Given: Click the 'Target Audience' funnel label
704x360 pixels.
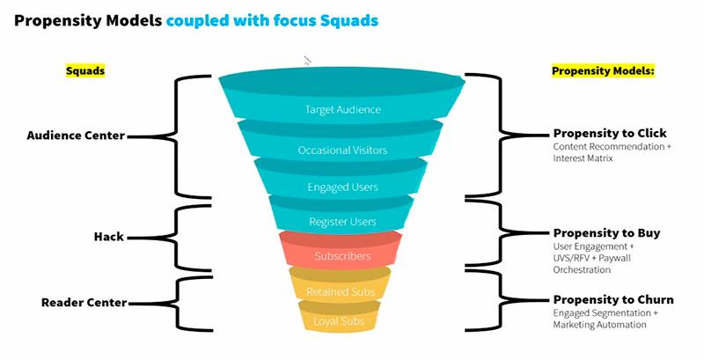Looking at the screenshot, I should coord(342,110).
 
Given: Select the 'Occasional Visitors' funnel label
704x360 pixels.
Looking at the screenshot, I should coord(341,150).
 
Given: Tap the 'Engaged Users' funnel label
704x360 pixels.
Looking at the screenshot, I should coord(341,187).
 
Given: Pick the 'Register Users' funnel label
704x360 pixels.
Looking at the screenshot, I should coord(341,221).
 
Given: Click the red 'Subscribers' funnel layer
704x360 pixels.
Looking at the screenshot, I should coord(341,256).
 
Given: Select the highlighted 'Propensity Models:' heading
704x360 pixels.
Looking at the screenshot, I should coord(603,70).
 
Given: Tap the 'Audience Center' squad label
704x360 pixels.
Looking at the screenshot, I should coord(76,136).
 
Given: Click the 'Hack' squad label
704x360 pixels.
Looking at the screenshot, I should coord(107,237).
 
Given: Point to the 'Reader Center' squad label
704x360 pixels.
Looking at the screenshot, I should coord(84,303).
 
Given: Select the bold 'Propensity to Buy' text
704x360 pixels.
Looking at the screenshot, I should coord(606,233).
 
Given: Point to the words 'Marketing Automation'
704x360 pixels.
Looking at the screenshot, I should coord(599,325).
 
